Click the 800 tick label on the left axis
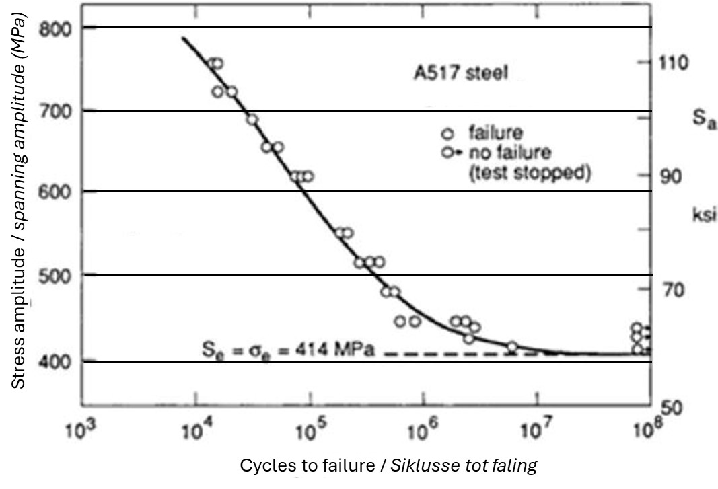[57, 28]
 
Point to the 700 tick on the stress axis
[57, 110]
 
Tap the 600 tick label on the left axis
[57, 192]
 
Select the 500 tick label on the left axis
[57, 274]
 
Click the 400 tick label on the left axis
[57, 361]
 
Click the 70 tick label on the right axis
[674, 290]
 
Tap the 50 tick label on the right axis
[674, 408]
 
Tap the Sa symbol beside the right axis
[703, 122]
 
